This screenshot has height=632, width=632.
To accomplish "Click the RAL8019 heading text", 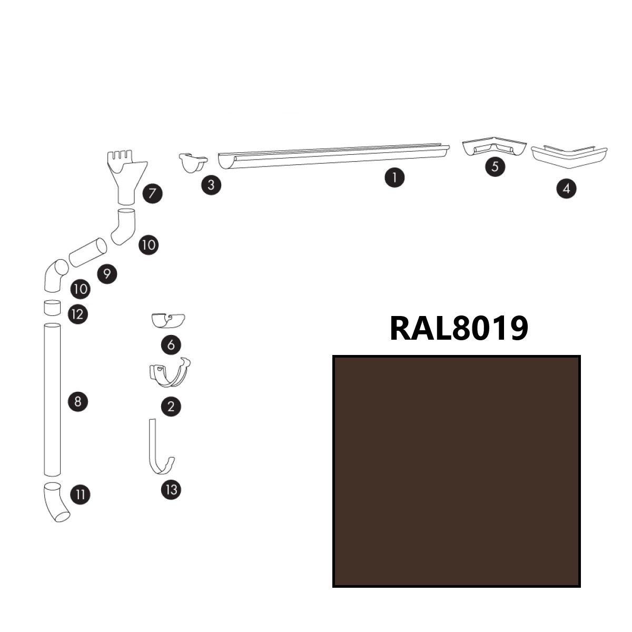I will click(x=458, y=328).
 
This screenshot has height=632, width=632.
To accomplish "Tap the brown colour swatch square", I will click(x=456, y=471).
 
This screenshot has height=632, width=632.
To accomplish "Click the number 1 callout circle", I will click(x=394, y=177).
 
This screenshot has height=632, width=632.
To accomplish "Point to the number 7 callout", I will click(x=152, y=193).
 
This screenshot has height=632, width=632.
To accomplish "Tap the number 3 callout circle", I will click(x=211, y=185).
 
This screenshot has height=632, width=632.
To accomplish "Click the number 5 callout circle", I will click(x=495, y=167).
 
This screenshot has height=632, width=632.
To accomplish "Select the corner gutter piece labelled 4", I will click(x=569, y=156).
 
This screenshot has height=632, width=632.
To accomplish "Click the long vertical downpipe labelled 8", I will click(x=52, y=400).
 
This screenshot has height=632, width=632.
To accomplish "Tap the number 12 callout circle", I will click(x=77, y=314).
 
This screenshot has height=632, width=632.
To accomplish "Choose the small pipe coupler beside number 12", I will click(x=52, y=308).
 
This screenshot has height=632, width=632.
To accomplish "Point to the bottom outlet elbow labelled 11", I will click(x=55, y=501).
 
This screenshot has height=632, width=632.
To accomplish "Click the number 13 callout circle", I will click(x=171, y=490).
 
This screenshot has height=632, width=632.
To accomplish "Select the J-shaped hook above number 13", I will click(x=158, y=448).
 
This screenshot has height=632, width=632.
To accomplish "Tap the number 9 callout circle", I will click(x=107, y=274).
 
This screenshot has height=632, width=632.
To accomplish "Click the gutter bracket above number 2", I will click(x=170, y=373).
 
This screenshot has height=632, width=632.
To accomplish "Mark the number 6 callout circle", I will click(x=171, y=345).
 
